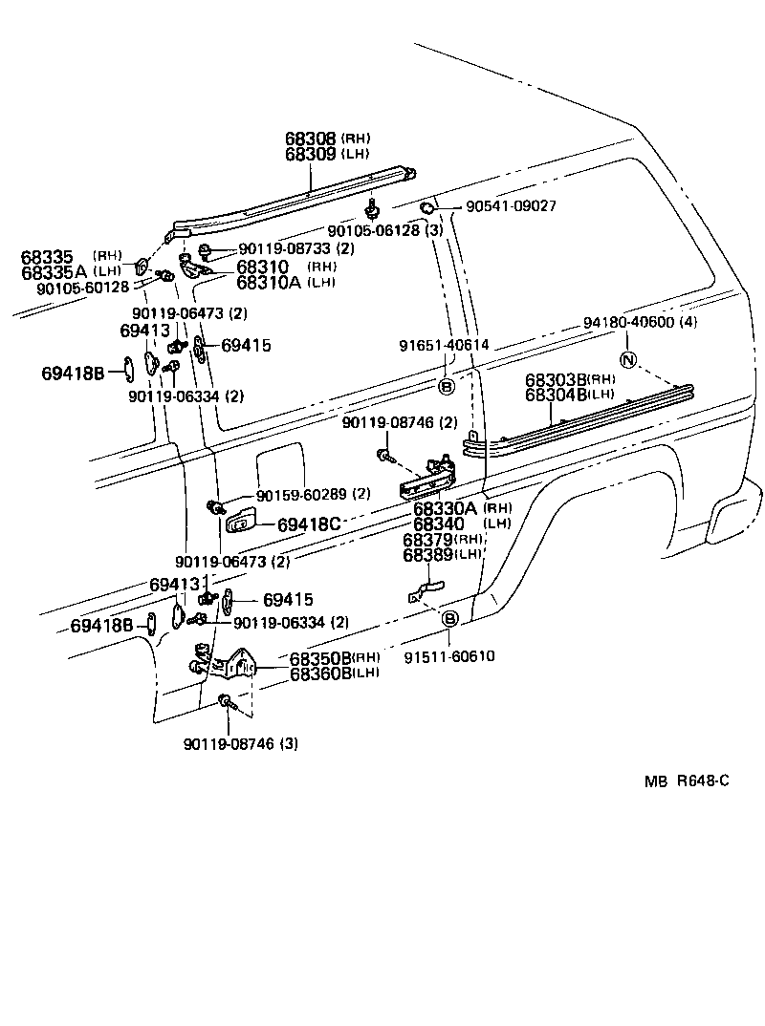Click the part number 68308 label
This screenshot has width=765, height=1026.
pyautogui.click(x=312, y=138)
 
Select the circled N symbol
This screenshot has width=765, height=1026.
pyautogui.click(x=627, y=360)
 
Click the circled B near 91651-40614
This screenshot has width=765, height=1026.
pyautogui.click(x=446, y=386)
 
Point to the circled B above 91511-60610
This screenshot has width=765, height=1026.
pyautogui.click(x=450, y=619)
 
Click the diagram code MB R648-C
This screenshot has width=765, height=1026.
pyautogui.click(x=687, y=780)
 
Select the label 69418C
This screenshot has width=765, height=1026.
pyautogui.click(x=309, y=524)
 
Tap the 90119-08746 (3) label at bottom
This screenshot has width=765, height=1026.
pyautogui.click(x=239, y=744)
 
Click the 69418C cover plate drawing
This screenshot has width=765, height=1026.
pyautogui.click(x=239, y=522)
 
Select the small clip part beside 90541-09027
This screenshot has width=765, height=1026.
pyautogui.click(x=428, y=207)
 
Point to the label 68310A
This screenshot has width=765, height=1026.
pyautogui.click(x=269, y=282)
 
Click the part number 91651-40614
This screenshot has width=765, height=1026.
pyautogui.click(x=444, y=345)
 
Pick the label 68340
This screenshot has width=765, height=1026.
pyautogui.click(x=439, y=524)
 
